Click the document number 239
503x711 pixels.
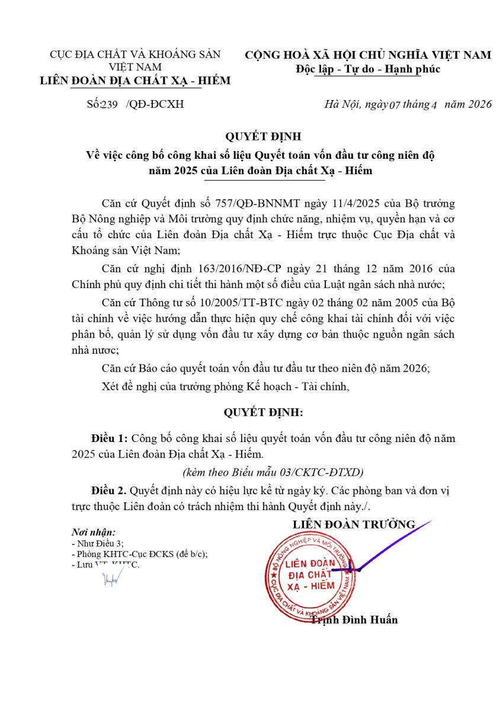click(110, 105)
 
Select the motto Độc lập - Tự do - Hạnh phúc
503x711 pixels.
click(368, 69)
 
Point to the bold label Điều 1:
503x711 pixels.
click(110, 439)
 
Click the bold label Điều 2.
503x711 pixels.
click(109, 491)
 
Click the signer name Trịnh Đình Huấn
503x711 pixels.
click(354, 620)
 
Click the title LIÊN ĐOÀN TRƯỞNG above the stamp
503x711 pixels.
click(354, 524)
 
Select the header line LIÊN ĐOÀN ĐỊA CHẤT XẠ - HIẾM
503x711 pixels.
click(135, 81)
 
